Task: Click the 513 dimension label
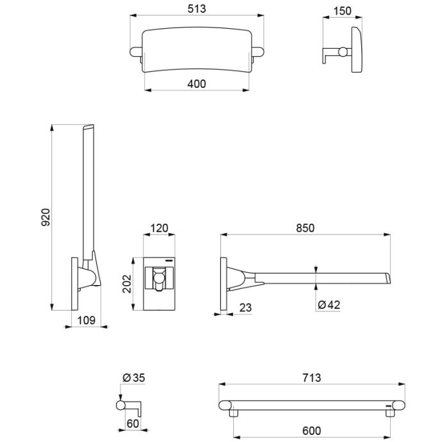pos(197,9)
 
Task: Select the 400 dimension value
pos(197,84)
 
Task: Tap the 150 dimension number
pos(342,11)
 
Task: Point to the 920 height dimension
pos(45,217)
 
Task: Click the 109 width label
pos(86,320)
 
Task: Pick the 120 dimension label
pos(159,228)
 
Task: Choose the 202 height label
pos(127,284)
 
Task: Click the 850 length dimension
pos(305,228)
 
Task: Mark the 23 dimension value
pos(245,307)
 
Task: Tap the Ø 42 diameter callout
pos(329,305)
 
